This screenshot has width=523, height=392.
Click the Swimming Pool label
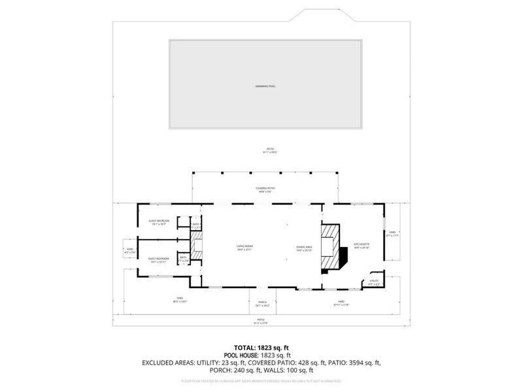[265, 87]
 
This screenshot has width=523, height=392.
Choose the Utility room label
[374, 282]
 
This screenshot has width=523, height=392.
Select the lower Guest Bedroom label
[158, 259]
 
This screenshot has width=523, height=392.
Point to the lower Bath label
[184, 259]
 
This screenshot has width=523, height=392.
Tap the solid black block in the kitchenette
[344, 257]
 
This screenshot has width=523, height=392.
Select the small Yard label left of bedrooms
[130, 250]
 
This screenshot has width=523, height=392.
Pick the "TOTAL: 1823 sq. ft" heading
[261, 348]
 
